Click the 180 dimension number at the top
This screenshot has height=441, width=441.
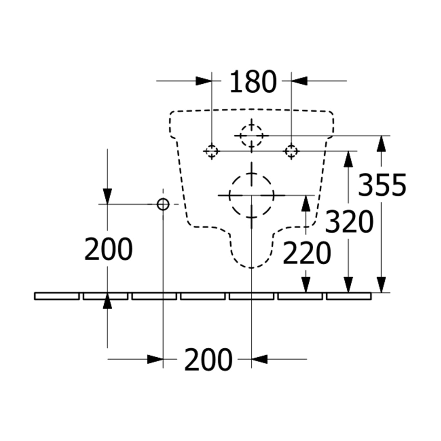pos(253,82)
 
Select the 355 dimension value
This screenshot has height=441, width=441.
pos(382,185)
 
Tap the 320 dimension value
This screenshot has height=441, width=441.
pos(349,222)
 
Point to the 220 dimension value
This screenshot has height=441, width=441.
pos(307,253)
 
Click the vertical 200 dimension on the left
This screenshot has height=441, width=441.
pos(109,249)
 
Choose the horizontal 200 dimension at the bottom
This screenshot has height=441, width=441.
pos(208,359)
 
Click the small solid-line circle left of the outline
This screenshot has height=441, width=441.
pos(163,204)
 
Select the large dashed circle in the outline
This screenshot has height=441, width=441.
pos(252,195)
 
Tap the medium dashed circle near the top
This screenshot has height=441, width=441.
pos(252,136)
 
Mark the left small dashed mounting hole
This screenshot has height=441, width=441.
pos(212,151)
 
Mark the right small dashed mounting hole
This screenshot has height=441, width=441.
pos(292,151)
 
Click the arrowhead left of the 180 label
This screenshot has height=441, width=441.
pos(204,81)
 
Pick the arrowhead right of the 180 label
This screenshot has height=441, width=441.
pos(299,81)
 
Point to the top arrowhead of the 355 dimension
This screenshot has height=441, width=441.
pos(381,144)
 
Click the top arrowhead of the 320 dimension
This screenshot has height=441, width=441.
pos(348,160)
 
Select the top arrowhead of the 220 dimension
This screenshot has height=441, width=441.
pos(306,203)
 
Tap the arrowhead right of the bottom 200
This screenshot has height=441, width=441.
pos(259,359)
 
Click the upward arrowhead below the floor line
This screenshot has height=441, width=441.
pos(107,301)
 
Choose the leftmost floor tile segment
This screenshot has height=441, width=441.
pos(57,296)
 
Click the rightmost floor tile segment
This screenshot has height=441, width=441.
pos(349,296)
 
